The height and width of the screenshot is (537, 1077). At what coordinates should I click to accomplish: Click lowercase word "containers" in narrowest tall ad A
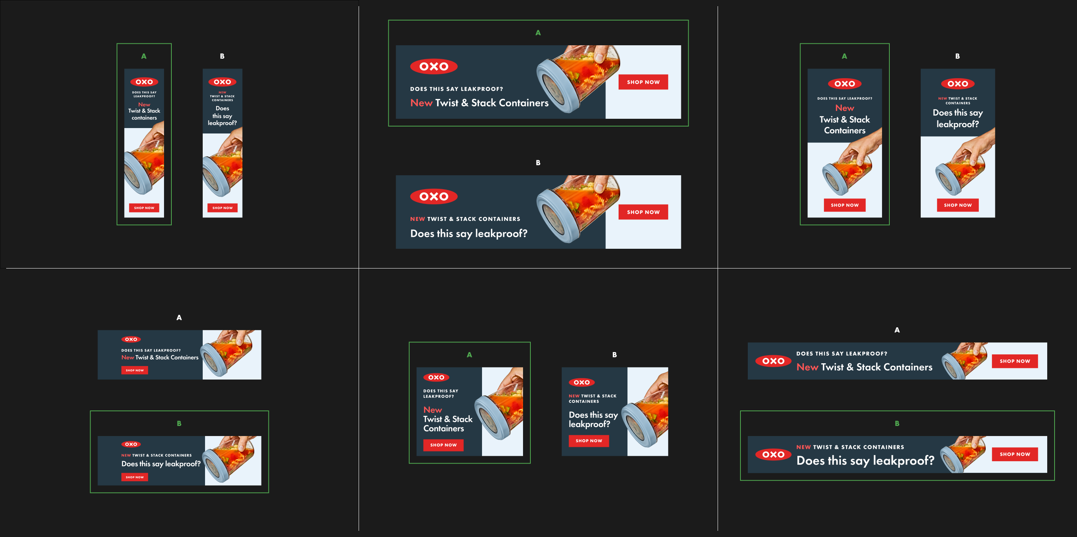144,118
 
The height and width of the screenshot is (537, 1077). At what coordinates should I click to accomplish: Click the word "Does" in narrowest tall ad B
222,108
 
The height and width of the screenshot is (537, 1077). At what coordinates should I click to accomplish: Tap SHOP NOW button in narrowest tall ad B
222,208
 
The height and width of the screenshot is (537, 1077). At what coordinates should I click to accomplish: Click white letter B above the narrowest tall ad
222,56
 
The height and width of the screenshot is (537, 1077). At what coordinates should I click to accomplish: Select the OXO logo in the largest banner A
434,67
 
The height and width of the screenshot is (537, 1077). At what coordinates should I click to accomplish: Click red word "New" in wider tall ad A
845,108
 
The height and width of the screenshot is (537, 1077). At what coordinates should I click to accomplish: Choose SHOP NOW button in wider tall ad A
845,205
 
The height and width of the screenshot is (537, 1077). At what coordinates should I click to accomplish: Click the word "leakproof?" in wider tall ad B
957,124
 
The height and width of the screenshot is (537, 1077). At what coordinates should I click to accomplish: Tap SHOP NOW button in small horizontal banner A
135,370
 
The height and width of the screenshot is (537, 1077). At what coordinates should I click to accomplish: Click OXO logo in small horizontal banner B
131,444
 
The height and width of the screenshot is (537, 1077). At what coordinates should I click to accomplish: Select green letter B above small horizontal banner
179,423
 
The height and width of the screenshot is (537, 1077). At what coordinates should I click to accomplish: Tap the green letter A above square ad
469,355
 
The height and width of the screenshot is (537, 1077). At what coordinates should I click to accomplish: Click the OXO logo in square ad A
436,377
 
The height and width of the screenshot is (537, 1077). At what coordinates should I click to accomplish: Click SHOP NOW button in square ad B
589,441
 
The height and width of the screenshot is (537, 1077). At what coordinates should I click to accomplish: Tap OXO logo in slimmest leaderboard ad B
773,455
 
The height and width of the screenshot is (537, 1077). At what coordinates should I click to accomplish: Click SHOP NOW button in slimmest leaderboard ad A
1015,361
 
